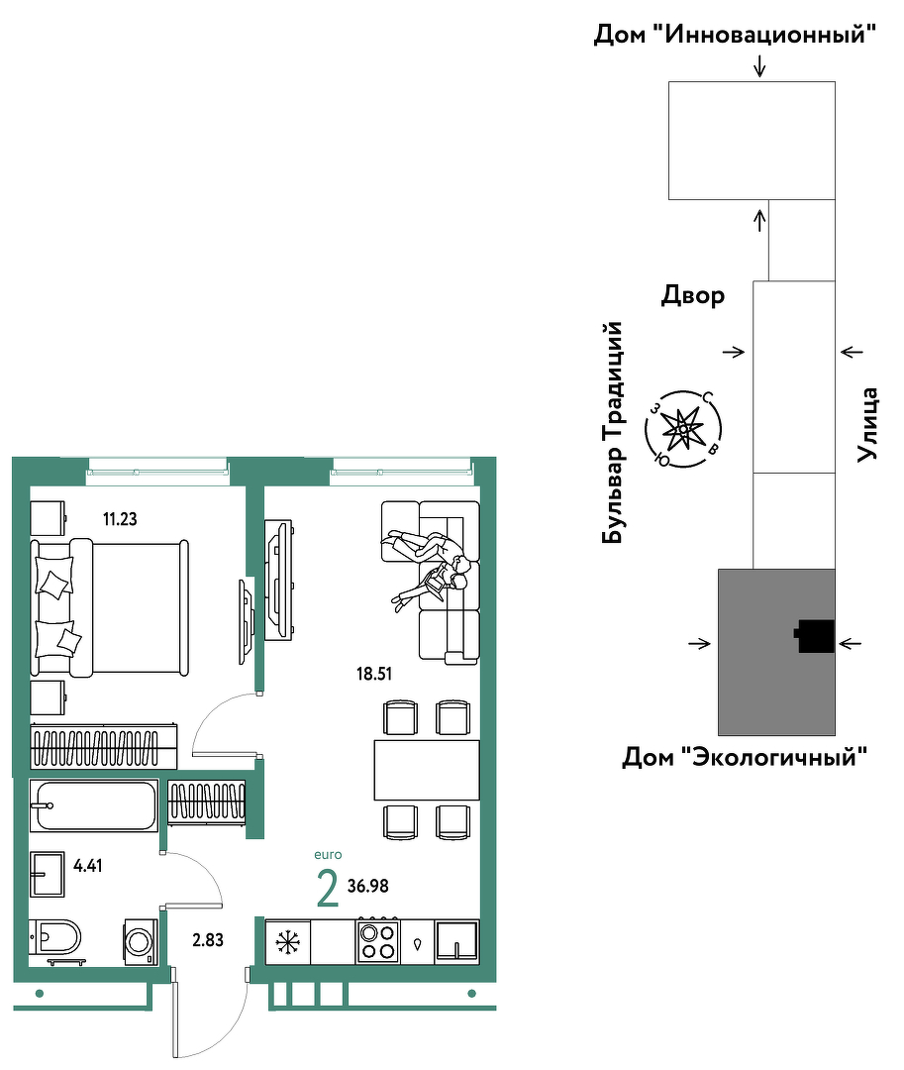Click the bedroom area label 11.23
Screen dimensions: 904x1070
(x=120, y=519)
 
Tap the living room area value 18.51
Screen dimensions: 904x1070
(x=374, y=675)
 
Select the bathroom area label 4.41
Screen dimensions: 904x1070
(x=88, y=866)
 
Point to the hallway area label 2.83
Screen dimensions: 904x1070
(x=208, y=940)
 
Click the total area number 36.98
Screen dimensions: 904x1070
(x=368, y=887)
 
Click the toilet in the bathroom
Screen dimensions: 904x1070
(x=54, y=937)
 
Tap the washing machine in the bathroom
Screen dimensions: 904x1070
(x=141, y=943)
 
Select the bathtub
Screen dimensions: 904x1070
(x=94, y=805)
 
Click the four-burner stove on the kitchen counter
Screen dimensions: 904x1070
(x=377, y=941)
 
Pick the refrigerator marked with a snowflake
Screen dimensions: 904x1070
(x=288, y=942)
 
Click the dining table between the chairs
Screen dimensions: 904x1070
(x=427, y=770)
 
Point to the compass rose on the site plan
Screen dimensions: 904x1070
(x=683, y=429)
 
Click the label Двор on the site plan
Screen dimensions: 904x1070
(x=693, y=295)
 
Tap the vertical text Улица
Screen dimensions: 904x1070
(x=867, y=424)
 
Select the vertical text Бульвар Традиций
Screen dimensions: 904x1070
(x=613, y=433)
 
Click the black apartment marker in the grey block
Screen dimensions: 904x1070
(x=815, y=636)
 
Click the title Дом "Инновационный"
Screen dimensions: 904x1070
(x=735, y=34)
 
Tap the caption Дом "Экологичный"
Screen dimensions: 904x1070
(x=745, y=757)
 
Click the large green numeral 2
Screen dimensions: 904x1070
(x=328, y=888)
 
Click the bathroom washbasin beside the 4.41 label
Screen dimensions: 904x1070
(x=48, y=874)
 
